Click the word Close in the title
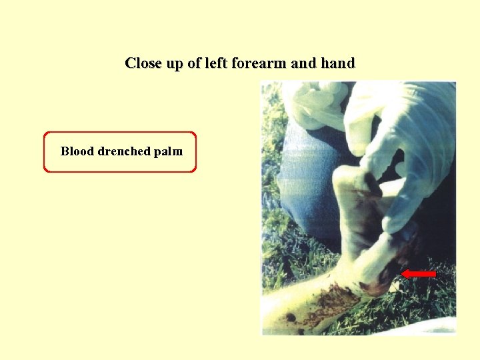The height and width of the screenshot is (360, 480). click(x=142, y=64)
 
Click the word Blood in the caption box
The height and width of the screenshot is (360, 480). click(x=77, y=151)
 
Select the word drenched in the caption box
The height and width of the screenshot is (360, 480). click(x=124, y=151)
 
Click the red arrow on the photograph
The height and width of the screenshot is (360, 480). click(x=419, y=273)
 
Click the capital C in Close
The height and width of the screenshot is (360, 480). click(x=130, y=64)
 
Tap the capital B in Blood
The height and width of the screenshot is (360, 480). click(x=65, y=151)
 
